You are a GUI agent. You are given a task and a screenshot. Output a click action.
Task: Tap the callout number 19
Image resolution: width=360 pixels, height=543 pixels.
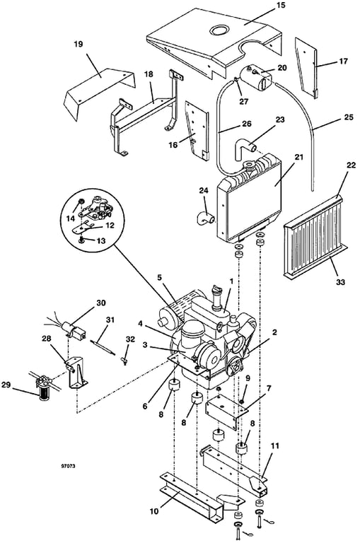point(79,45)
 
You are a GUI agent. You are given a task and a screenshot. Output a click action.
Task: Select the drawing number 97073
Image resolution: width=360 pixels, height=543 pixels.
point(68,466)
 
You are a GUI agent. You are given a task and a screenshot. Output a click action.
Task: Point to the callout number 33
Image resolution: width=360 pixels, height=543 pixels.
point(341,282)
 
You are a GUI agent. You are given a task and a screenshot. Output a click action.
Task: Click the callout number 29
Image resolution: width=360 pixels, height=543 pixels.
point(6,385)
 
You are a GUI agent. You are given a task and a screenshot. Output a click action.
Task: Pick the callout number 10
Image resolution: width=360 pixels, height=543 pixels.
point(154,511)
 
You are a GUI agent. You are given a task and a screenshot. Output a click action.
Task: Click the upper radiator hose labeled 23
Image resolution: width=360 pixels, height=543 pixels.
point(245,151)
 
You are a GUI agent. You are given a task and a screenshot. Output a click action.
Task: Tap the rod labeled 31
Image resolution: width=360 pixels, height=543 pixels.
point(103,347)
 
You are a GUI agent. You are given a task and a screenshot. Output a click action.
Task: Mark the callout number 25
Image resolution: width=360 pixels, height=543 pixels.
point(348,117)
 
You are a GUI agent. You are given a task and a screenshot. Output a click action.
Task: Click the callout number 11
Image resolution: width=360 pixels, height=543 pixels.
point(274,445)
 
